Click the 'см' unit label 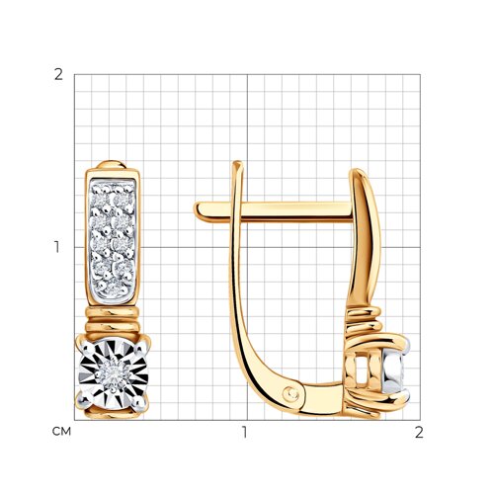[61, 431]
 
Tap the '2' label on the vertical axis [58, 75]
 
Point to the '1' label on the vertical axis [57, 247]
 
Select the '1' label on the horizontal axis [244, 432]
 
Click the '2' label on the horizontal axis [419, 432]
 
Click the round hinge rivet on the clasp [291, 394]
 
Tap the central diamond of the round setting [113, 374]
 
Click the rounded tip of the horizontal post [198, 210]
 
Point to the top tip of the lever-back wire [237, 163]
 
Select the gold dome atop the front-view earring [112, 164]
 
